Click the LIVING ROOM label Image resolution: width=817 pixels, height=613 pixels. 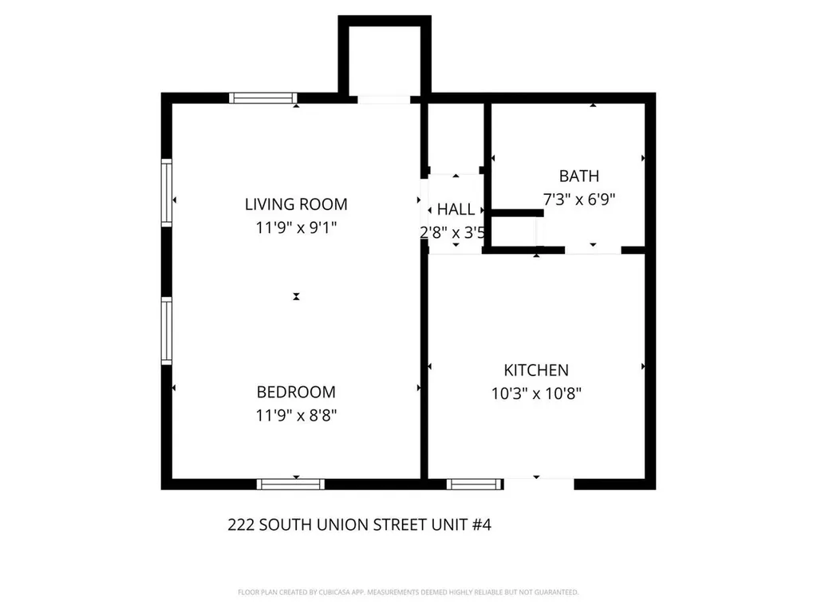click(296, 204)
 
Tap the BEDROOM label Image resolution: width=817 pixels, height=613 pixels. click(296, 392)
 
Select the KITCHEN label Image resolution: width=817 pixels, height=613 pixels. click(536, 370)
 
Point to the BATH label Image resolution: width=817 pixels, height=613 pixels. click(578, 176)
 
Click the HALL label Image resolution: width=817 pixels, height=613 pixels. click(456, 210)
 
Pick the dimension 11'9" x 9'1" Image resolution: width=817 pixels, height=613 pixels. click(296, 227)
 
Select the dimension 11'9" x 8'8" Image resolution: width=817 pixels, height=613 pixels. click(296, 415)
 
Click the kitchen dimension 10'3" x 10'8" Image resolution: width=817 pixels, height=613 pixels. click(536, 394)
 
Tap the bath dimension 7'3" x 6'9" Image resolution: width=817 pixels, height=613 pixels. click(578, 200)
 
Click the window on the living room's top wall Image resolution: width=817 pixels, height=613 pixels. click(262, 98)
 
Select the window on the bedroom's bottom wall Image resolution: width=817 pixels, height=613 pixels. click(290, 484)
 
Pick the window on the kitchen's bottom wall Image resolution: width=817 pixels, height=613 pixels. click(476, 484)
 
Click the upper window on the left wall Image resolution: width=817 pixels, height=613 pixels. click(167, 192)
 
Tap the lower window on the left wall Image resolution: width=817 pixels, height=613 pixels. click(167, 330)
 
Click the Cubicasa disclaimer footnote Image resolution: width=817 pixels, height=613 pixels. click(408, 592)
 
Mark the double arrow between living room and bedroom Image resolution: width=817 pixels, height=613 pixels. click(296, 296)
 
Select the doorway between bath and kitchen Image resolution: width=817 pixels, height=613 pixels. click(593, 250)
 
